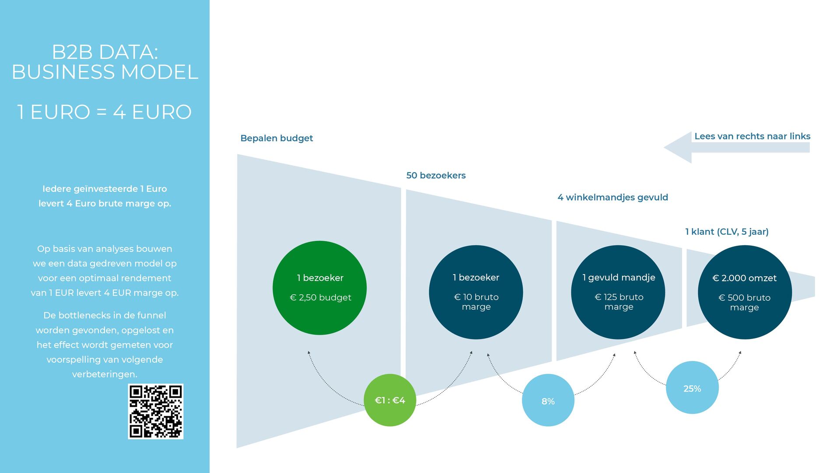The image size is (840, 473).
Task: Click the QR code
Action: (156, 411)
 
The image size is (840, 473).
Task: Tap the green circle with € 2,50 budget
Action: (319, 288)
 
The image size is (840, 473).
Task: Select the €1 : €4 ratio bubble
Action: (390, 400)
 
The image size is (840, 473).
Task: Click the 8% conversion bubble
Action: (548, 400)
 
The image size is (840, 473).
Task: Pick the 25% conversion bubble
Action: (692, 388)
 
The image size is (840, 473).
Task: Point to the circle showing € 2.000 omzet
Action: (745, 292)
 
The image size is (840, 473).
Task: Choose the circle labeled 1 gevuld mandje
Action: (618, 292)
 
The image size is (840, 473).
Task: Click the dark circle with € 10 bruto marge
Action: (476, 292)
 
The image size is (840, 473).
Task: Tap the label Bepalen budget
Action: (276, 138)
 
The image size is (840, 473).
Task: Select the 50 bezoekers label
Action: (436, 176)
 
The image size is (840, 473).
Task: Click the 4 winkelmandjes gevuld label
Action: (612, 198)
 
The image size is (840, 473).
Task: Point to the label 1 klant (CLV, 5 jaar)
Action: (727, 232)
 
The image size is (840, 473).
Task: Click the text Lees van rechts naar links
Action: (752, 136)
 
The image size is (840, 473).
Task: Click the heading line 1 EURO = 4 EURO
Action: (105, 112)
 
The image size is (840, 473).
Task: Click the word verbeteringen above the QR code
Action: (105, 374)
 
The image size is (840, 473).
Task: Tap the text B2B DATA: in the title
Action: (105, 52)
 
